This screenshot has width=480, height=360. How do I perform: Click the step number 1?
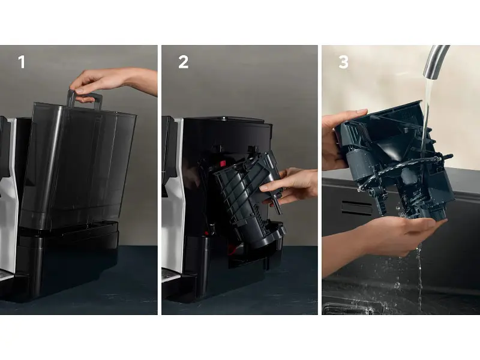pyautogui.click(x=22, y=62)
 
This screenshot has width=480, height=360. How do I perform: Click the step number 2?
pyautogui.click(x=183, y=62)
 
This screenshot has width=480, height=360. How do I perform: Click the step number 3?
pyautogui.click(x=343, y=62)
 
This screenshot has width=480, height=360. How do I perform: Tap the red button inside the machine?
pyautogui.click(x=223, y=163)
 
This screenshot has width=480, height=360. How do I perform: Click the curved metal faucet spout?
pyautogui.click(x=434, y=61)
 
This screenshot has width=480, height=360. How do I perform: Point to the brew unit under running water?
pyautogui.click(x=395, y=162)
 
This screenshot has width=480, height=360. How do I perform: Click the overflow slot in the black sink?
pyautogui.click(x=356, y=208)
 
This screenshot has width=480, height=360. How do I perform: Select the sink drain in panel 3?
pyautogui.click(x=349, y=308)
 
